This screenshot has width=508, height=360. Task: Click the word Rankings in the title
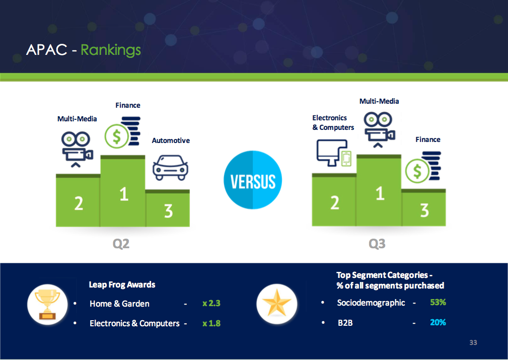(110, 50)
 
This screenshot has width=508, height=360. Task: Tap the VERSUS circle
(253, 180)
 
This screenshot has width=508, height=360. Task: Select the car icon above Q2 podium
(170, 168)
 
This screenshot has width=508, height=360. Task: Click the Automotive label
(171, 140)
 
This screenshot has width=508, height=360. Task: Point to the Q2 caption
(121, 243)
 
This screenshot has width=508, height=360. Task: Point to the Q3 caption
(377, 243)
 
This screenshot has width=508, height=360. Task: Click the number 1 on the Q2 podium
(124, 194)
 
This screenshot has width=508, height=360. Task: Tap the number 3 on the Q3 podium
(424, 210)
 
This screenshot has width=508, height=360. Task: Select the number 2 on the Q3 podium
(335, 203)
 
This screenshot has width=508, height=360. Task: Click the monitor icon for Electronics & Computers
(334, 153)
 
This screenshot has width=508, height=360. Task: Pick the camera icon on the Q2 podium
(77, 149)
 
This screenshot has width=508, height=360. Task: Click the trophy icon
(47, 304)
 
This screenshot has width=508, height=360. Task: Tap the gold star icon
(277, 304)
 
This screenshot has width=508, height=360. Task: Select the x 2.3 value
(211, 303)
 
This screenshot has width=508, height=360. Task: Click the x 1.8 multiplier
(211, 323)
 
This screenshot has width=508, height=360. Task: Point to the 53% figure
(438, 302)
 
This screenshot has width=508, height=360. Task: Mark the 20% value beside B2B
(438, 322)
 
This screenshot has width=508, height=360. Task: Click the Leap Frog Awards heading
(122, 285)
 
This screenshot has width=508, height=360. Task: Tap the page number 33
(473, 342)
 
